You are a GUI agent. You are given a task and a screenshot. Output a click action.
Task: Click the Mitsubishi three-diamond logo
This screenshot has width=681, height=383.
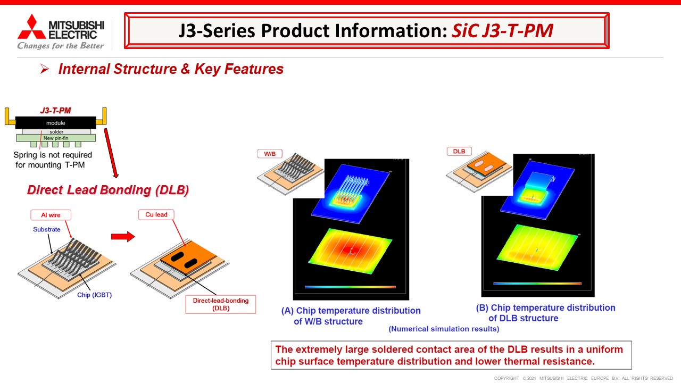click(x=31, y=27)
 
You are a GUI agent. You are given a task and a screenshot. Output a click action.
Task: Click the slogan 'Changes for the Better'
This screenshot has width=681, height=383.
click(x=61, y=46)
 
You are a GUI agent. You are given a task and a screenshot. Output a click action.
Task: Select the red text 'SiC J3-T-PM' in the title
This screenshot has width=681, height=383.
click(x=502, y=31)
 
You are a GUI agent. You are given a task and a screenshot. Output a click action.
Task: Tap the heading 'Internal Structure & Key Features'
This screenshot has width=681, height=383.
click(x=171, y=69)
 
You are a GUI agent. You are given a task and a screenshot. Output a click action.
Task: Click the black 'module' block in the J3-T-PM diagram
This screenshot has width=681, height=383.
click(x=56, y=123)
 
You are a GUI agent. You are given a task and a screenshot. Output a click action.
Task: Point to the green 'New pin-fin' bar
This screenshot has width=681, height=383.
click(x=56, y=138)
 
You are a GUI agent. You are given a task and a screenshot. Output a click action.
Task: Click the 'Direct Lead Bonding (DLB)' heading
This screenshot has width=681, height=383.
click(x=108, y=190)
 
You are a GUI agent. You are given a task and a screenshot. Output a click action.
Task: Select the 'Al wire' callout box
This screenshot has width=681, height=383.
click(x=51, y=215)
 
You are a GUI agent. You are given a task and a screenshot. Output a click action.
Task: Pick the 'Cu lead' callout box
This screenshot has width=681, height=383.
click(x=156, y=215)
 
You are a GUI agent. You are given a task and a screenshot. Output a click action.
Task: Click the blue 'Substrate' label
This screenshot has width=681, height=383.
click(x=47, y=229)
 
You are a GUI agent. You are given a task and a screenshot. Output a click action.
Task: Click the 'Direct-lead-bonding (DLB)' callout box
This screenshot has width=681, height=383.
click(x=220, y=304)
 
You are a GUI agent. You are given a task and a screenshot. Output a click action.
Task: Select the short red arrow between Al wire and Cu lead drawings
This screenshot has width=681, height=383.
click(x=123, y=237)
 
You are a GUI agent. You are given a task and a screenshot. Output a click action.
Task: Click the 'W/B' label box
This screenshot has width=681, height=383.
click(x=270, y=154)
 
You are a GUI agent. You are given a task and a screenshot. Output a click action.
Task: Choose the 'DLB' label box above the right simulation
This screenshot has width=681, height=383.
click(x=459, y=151)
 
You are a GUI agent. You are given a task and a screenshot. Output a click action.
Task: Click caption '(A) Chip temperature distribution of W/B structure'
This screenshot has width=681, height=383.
click(x=351, y=316)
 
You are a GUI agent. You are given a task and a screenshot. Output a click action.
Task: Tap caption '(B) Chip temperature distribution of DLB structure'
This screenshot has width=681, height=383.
click(x=546, y=313)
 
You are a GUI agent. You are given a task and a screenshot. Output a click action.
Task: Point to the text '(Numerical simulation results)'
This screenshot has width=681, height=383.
click(x=444, y=329)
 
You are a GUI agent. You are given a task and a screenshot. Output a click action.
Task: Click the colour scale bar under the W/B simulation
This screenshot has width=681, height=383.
click(x=350, y=287)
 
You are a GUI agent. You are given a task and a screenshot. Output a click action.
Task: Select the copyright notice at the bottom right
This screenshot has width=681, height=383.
click(x=583, y=378)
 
